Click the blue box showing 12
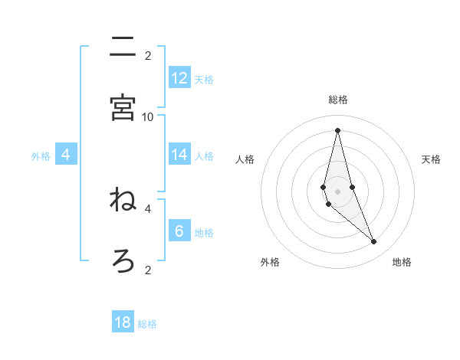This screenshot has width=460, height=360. (x=179, y=78)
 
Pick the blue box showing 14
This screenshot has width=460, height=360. (x=179, y=155)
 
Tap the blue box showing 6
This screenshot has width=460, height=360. (x=179, y=231)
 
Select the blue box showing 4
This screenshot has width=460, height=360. (x=66, y=155)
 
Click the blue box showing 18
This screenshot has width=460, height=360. (x=123, y=322)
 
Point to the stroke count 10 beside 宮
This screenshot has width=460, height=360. (x=148, y=116)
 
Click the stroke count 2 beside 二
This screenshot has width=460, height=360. (x=148, y=55)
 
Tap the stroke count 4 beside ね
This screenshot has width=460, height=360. (x=148, y=208)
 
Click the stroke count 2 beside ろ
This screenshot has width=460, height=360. (x=148, y=269)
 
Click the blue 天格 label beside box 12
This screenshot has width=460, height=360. (x=204, y=80)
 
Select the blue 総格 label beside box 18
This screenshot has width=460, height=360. (x=147, y=324)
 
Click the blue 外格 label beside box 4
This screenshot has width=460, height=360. (x=41, y=156)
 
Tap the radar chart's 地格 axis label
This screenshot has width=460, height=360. (x=402, y=262)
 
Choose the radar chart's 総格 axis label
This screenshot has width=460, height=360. (x=337, y=100)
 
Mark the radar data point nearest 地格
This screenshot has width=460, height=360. (x=374, y=242)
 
